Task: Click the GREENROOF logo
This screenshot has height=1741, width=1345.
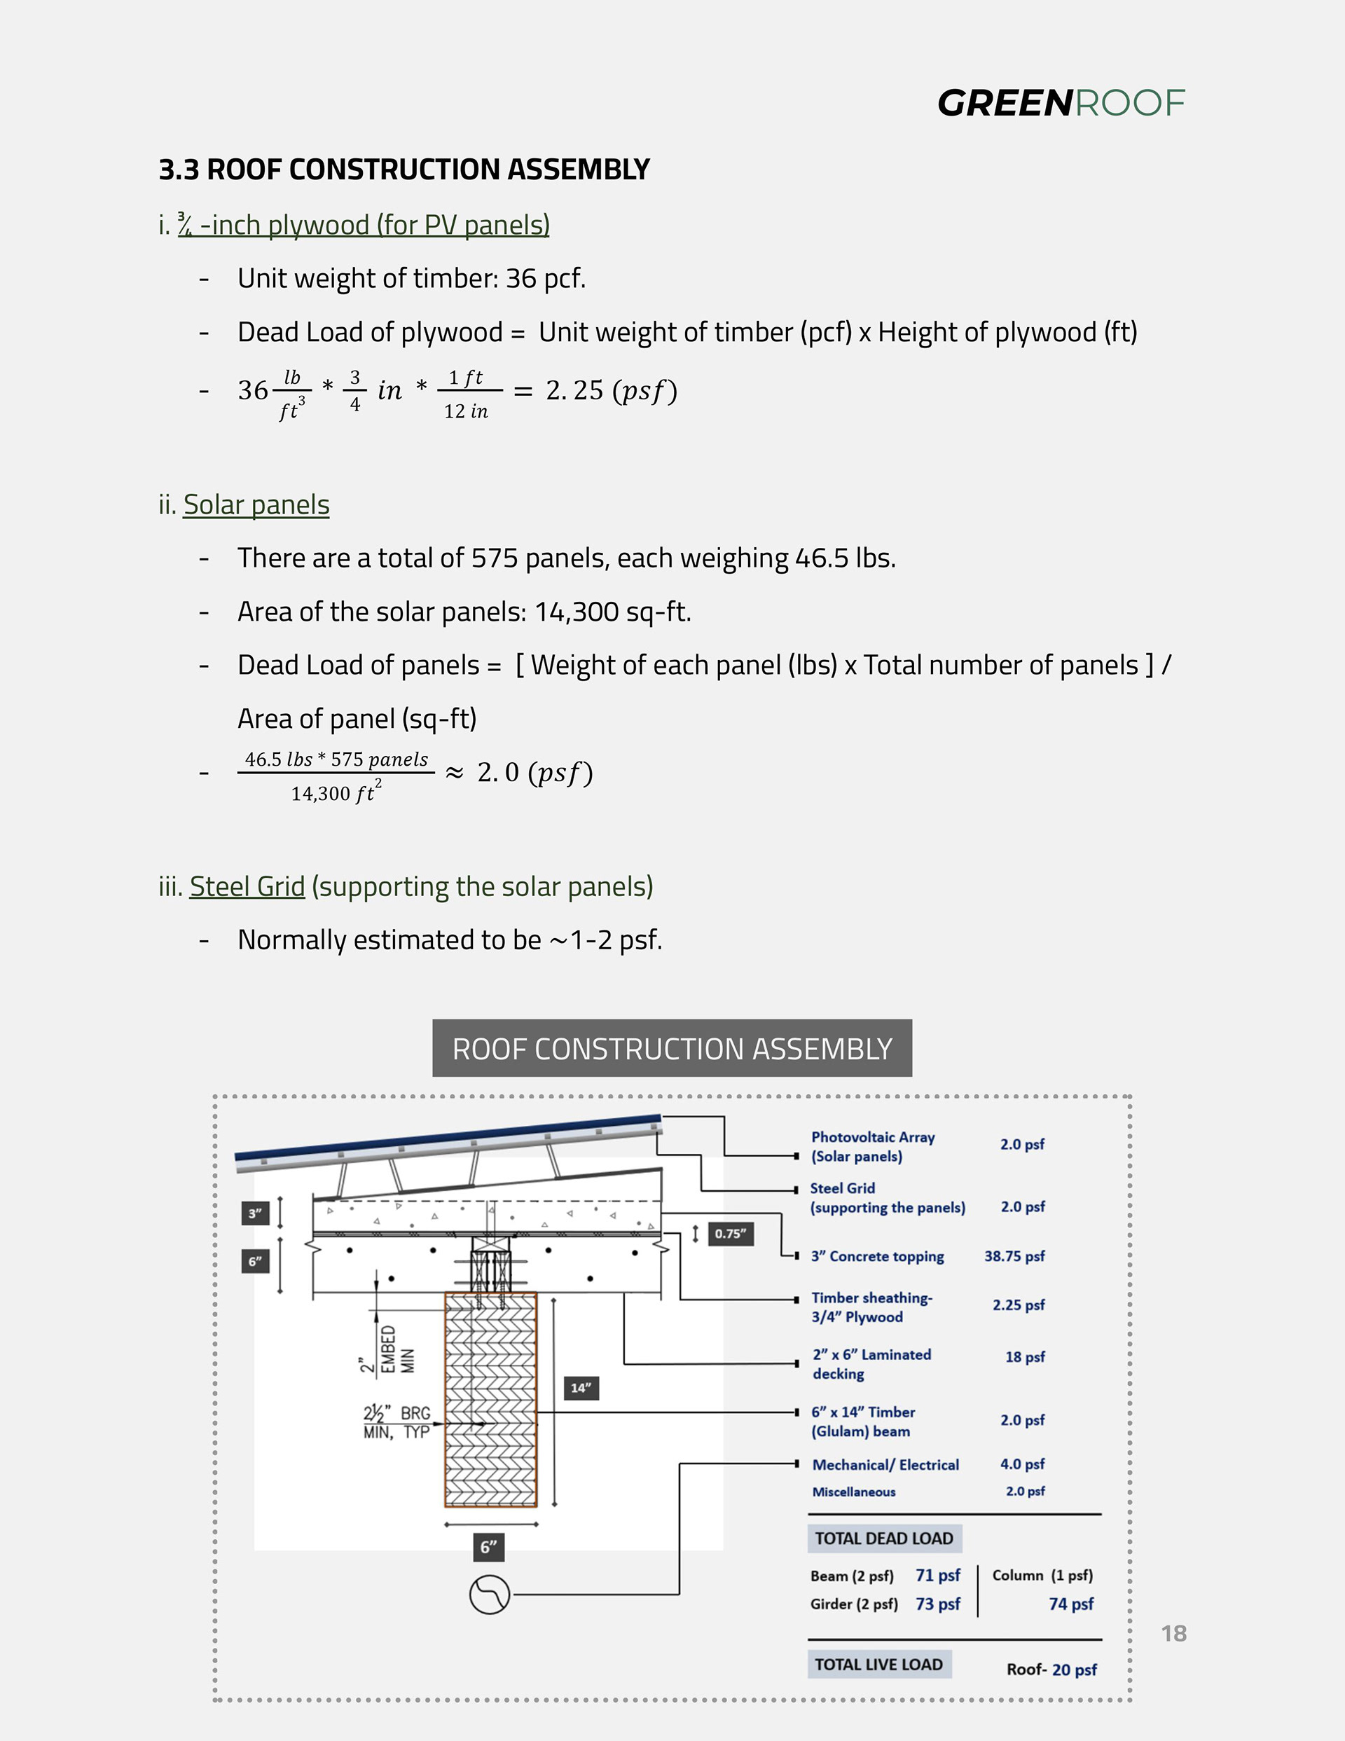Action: pos(1061,104)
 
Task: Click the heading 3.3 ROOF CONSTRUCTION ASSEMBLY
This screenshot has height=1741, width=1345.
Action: pos(404,170)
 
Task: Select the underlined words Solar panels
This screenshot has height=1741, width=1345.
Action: pos(256,504)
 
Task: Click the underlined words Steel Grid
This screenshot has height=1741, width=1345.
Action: pos(247,886)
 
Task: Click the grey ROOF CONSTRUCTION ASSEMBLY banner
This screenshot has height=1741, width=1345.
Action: pos(672,1048)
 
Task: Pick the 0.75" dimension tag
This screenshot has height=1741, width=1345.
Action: pos(731,1234)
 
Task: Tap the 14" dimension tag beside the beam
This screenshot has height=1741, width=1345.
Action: pos(581,1388)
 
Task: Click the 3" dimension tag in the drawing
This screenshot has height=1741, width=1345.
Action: pos(255,1213)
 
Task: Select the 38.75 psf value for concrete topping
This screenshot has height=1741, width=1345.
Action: pos(1014,1256)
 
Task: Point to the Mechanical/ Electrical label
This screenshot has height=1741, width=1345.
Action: pos(885,1464)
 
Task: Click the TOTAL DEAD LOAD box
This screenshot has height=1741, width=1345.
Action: pos(884,1539)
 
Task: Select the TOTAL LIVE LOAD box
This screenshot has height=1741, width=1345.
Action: pos(878,1665)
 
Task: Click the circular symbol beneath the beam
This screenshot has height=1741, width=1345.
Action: pos(490,1595)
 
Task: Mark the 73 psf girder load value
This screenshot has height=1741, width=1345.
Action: pos(937,1604)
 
